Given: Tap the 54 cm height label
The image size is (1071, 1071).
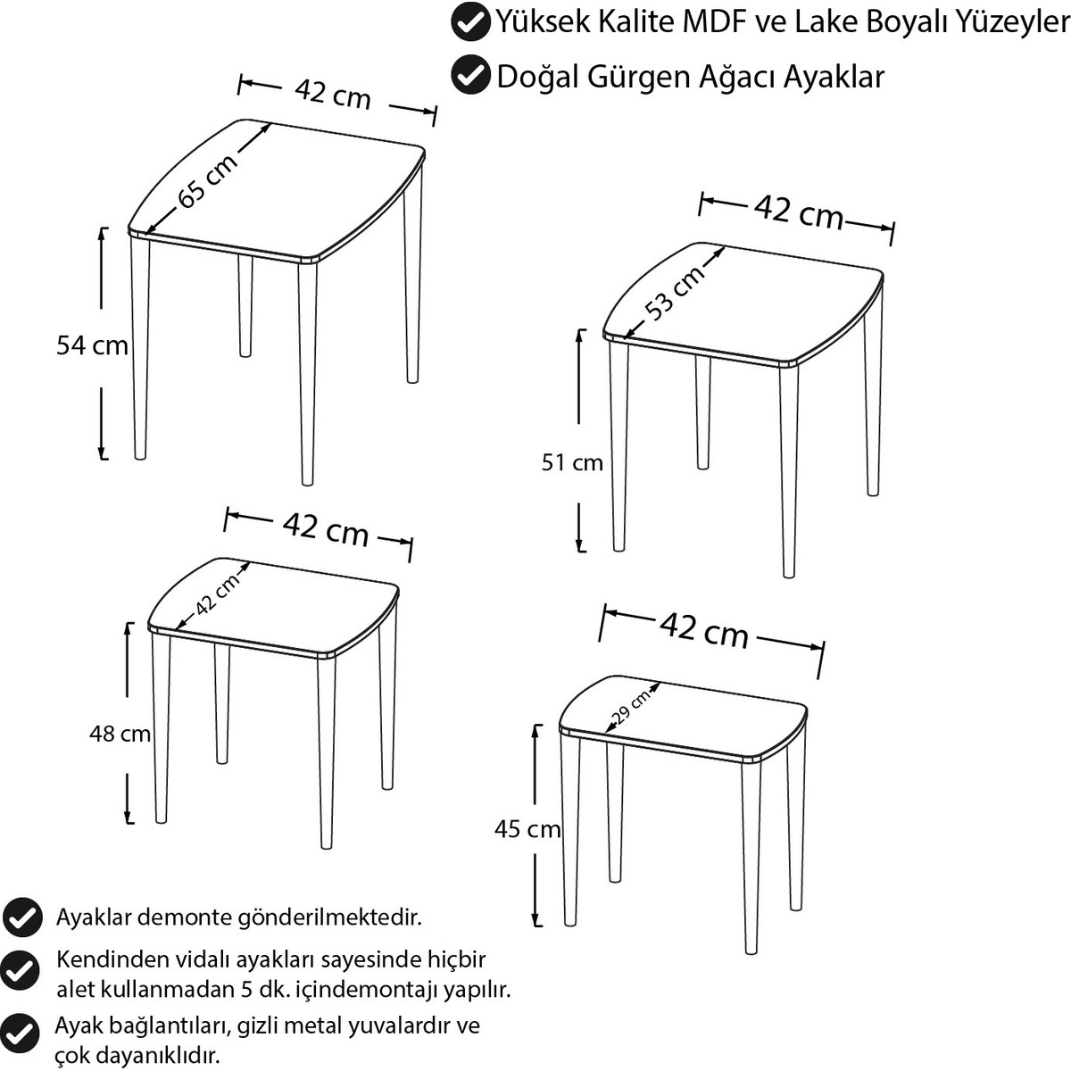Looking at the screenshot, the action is click(92, 345).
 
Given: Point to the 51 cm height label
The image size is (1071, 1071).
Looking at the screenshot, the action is click(572, 462).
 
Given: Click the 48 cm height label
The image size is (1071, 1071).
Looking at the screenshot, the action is click(120, 734).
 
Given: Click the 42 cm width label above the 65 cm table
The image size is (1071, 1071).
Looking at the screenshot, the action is click(332, 94).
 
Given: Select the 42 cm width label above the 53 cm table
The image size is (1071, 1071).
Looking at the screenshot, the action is click(799, 212).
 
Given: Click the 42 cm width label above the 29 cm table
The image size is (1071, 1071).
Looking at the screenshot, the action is click(704, 631).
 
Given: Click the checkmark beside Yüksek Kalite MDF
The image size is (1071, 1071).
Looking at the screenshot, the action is click(470, 21).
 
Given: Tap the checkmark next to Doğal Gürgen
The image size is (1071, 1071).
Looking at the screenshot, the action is click(470, 74).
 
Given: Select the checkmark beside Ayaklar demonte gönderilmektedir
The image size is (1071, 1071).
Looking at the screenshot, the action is click(22, 917).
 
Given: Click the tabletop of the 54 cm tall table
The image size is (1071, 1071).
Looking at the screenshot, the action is click(276, 189).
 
